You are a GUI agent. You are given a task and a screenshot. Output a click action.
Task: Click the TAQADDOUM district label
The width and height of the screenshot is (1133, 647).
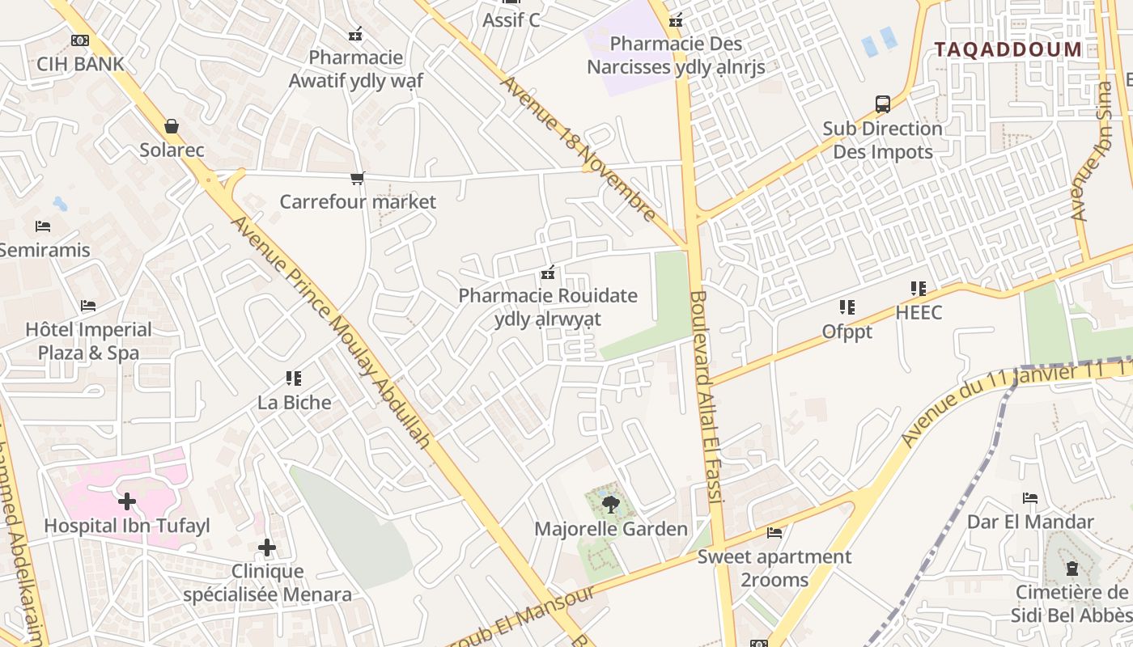(x=1008, y=49)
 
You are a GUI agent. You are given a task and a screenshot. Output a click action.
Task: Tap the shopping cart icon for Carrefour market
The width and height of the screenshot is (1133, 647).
(x=357, y=178)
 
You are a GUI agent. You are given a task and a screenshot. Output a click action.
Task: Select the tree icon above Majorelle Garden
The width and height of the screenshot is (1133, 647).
(x=611, y=505)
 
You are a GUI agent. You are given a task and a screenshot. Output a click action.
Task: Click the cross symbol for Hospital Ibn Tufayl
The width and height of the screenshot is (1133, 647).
(x=127, y=502)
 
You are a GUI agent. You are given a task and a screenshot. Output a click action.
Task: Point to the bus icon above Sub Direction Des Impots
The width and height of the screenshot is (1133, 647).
(x=883, y=104)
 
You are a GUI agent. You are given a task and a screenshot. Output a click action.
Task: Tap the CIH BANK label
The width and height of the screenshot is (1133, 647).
(x=80, y=64)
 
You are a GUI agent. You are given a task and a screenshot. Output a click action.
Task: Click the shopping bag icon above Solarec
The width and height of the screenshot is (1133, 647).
(x=172, y=126)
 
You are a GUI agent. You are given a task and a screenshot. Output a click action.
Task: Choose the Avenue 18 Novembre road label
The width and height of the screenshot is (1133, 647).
(x=578, y=148)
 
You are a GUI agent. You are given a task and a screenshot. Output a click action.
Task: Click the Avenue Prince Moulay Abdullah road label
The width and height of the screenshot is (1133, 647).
(x=332, y=332)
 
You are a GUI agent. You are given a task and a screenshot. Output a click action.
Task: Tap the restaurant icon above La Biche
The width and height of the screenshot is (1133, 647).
(x=294, y=378)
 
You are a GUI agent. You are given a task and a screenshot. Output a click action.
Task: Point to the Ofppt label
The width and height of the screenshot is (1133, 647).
(x=847, y=332)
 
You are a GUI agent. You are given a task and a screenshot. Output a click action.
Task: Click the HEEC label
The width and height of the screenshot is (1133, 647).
(x=919, y=312)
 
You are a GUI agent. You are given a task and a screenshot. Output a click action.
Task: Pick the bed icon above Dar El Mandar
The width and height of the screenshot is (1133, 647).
(x=1030, y=498)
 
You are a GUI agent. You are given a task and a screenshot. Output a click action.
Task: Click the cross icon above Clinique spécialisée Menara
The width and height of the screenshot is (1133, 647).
(x=267, y=548)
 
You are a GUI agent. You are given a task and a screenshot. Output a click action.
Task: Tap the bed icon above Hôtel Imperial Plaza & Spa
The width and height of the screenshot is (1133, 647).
(x=88, y=306)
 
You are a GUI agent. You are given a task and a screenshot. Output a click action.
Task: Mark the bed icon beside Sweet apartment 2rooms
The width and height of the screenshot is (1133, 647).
(x=774, y=533)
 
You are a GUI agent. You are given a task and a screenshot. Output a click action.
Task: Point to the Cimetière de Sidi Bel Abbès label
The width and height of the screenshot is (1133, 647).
(x=1071, y=603)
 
